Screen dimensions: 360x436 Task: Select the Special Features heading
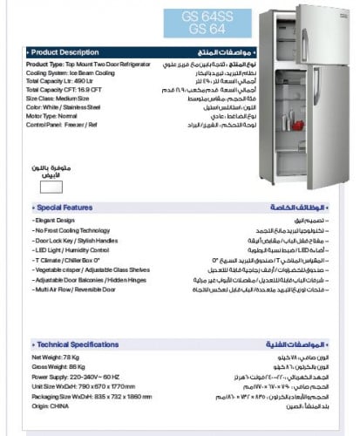tap(65, 208)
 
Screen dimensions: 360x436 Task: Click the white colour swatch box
tap(48, 185)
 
